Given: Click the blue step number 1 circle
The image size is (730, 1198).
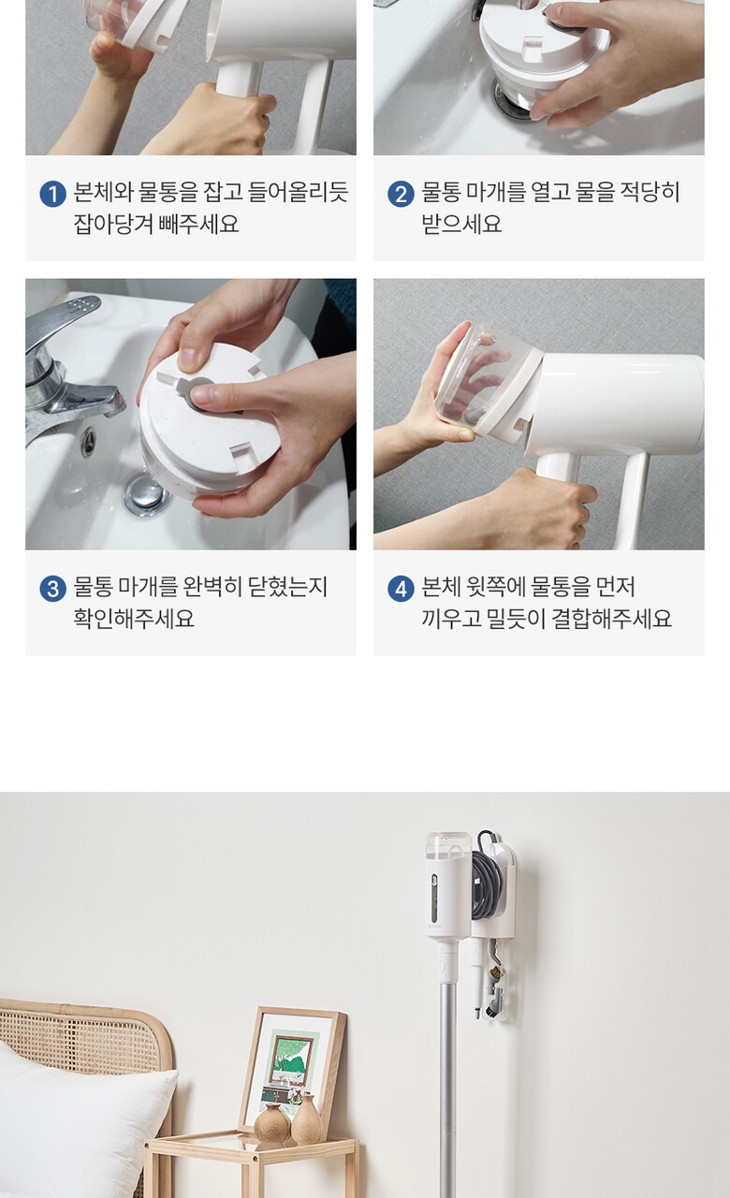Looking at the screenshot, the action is click(x=53, y=194).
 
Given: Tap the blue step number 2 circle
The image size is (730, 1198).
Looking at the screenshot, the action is click(x=401, y=194).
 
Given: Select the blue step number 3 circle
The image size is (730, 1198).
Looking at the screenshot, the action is click(x=53, y=589).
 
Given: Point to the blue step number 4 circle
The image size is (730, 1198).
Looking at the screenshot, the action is click(x=401, y=589).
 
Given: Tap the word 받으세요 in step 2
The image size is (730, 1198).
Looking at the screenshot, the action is click(x=462, y=224).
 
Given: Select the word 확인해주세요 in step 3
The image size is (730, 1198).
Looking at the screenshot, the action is click(x=134, y=619).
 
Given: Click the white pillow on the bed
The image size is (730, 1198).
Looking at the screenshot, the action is click(x=80, y=1123).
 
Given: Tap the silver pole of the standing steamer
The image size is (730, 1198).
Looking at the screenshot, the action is click(x=448, y=1086).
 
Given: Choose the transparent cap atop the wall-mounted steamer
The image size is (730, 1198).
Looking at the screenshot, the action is click(x=449, y=845).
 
